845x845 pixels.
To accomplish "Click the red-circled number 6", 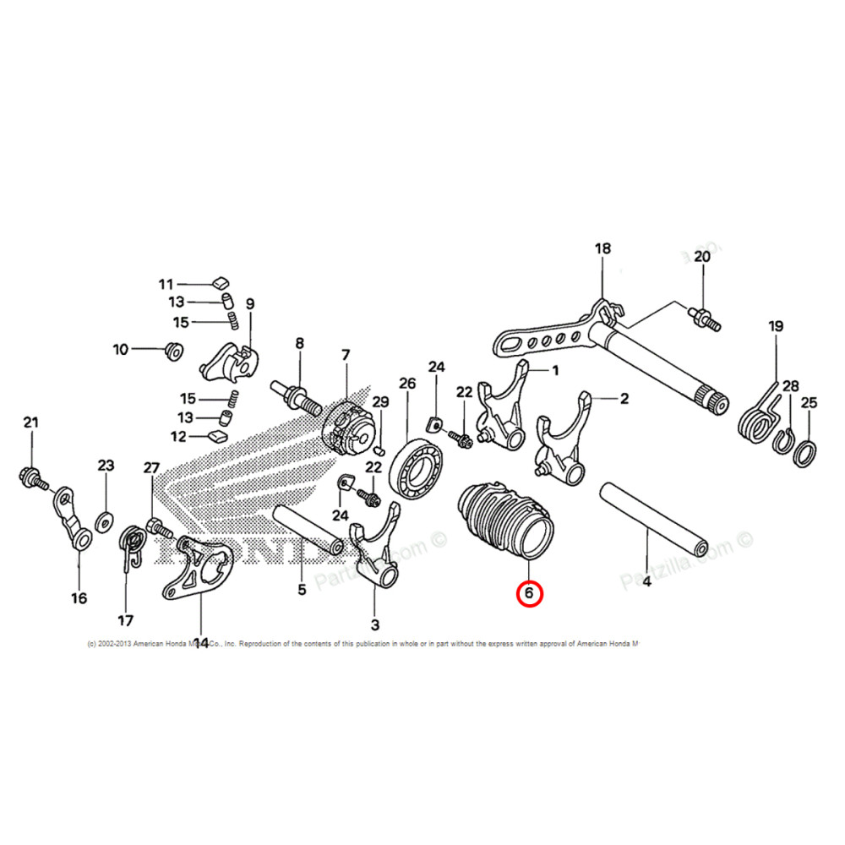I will (x=529, y=593).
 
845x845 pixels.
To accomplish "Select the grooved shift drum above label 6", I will (x=505, y=521).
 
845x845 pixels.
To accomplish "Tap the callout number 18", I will (x=602, y=248).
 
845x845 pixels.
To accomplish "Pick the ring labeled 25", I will (x=808, y=453).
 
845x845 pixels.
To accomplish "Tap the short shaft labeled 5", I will (x=307, y=527).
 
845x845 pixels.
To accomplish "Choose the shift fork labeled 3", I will (x=379, y=549).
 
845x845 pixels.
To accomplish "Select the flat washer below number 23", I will (x=104, y=516).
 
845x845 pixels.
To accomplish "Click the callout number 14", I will (x=201, y=642).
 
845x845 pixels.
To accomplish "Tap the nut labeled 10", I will (x=172, y=350).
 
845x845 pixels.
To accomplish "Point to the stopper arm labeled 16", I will (x=74, y=521).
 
